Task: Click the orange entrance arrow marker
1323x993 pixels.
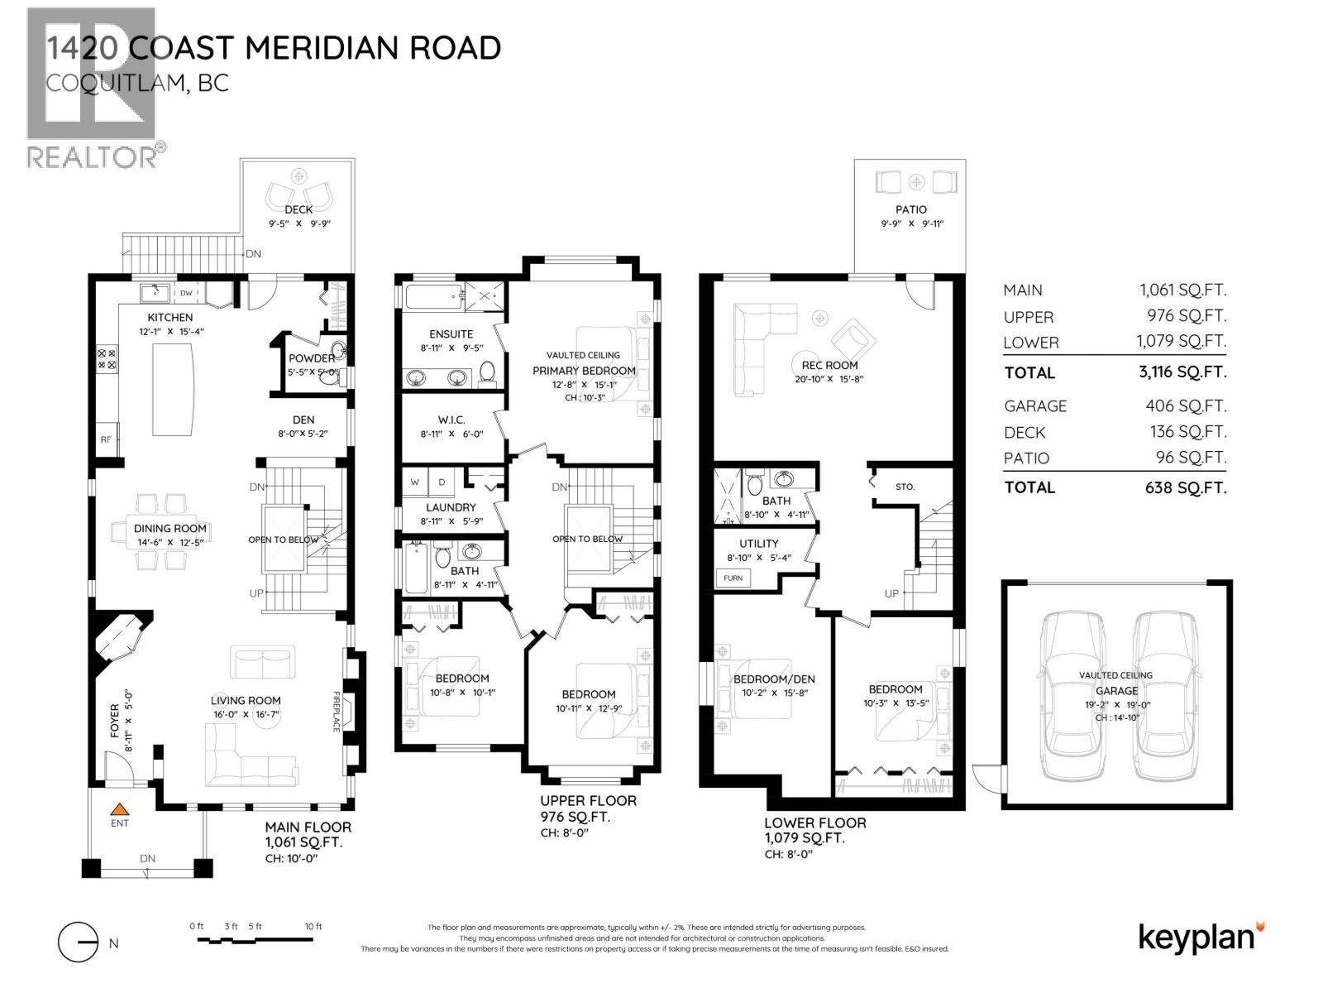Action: (120, 810)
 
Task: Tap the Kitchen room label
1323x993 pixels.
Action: (170, 318)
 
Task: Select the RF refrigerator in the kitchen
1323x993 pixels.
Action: (107, 439)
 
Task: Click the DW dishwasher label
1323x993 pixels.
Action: (187, 293)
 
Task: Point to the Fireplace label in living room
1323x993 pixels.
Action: (337, 712)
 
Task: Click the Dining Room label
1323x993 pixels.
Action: (170, 529)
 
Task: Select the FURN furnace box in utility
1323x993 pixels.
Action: (733, 578)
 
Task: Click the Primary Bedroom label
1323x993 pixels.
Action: (584, 371)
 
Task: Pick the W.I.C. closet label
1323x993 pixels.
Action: (451, 419)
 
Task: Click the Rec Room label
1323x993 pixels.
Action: (829, 365)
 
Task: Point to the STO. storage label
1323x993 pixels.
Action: (905, 487)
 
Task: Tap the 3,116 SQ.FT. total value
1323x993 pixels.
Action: (1182, 372)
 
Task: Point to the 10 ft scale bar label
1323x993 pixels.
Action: (313, 927)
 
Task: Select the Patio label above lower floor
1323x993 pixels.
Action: (911, 209)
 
